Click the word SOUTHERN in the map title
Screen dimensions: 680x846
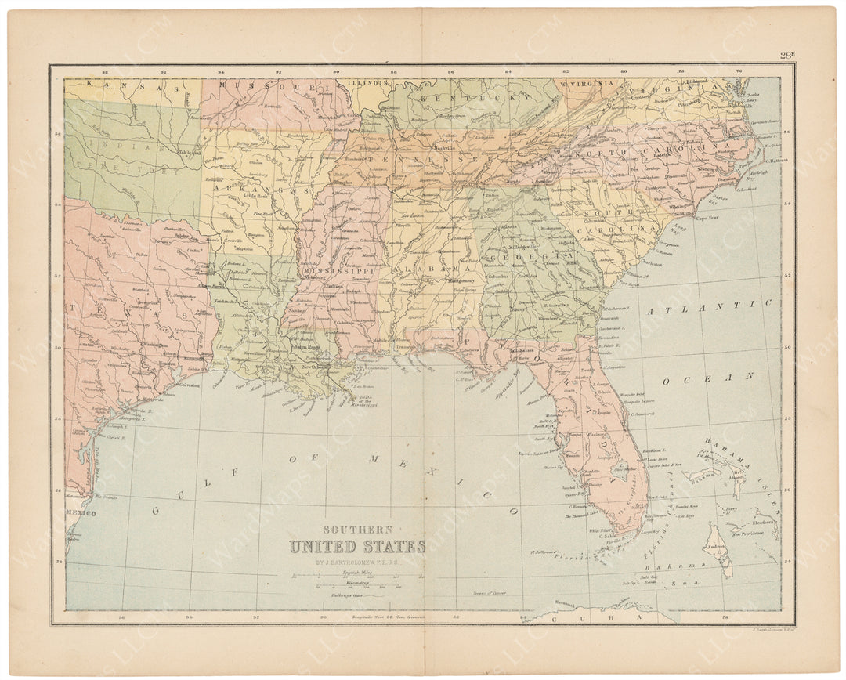tap(356, 530)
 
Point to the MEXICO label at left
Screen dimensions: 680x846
tap(80, 513)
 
